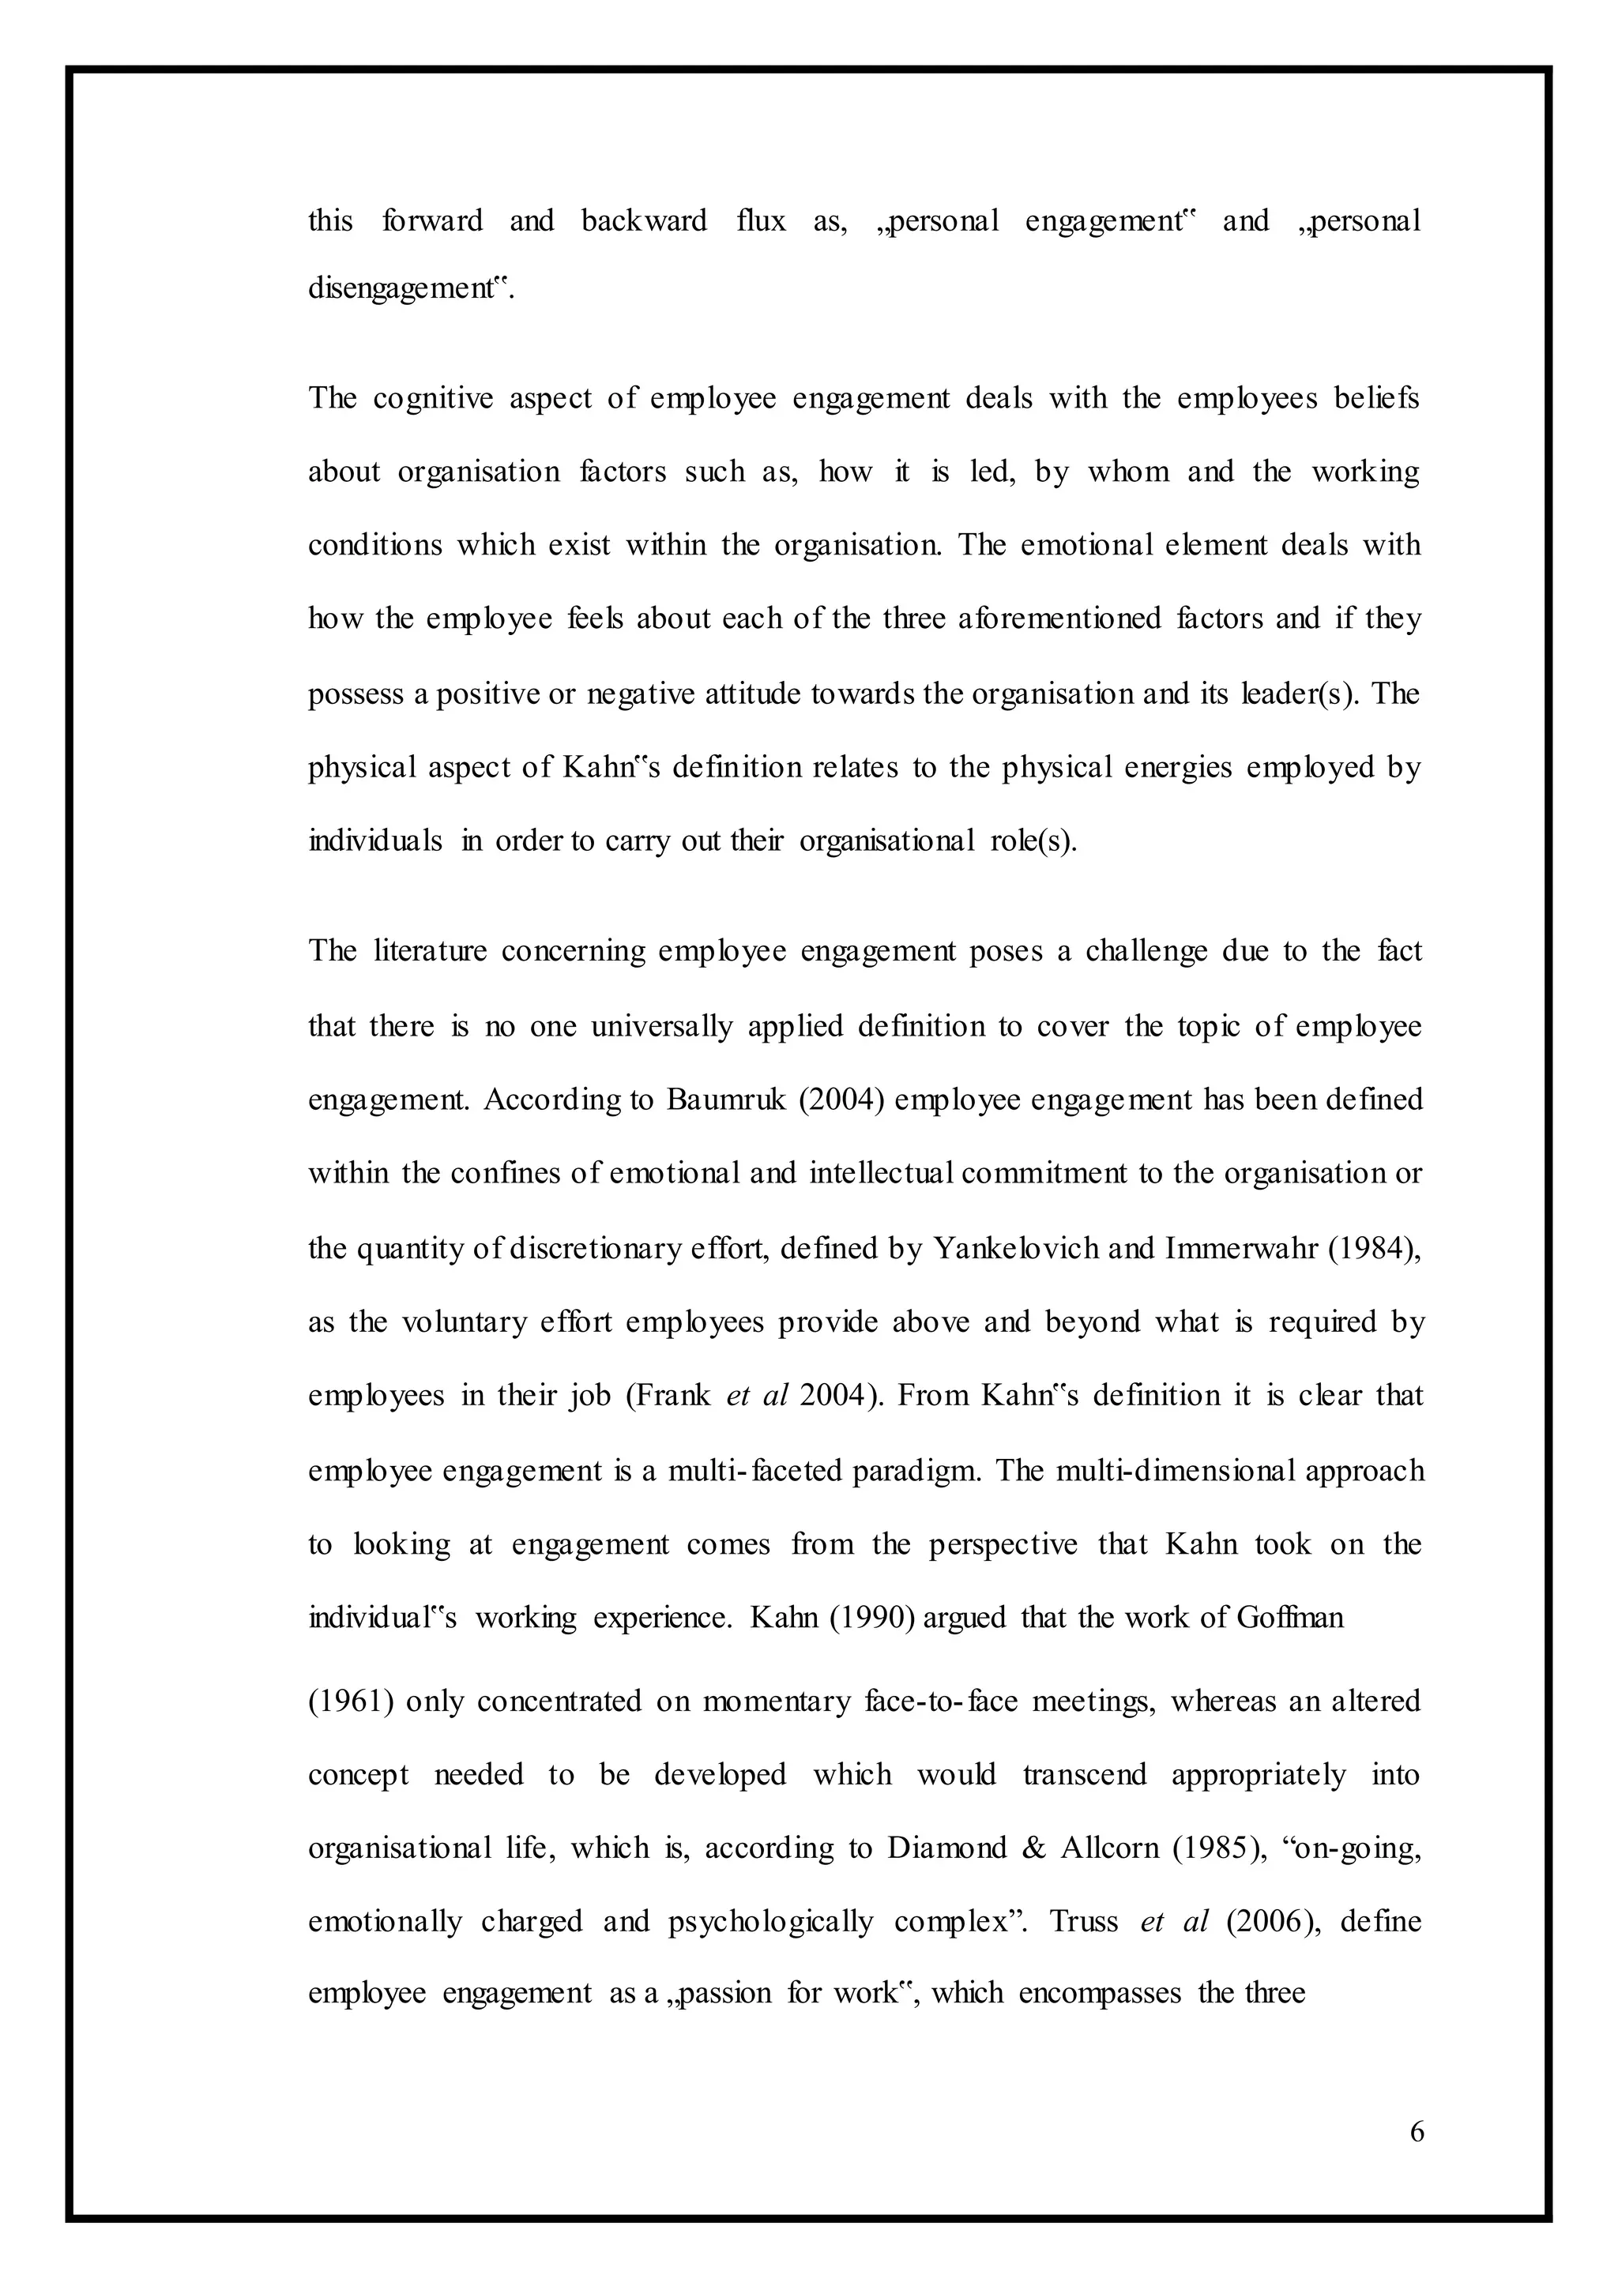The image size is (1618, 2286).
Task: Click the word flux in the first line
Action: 761,220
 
